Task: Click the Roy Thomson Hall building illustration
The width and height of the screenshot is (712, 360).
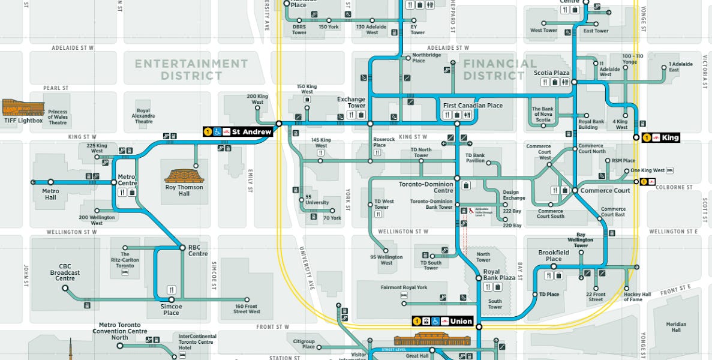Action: (184, 176)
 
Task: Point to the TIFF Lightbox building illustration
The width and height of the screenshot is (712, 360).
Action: (23, 107)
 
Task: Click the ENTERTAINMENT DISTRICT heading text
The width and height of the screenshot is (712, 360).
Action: (191, 70)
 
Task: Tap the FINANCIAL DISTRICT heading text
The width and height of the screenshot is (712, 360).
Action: (499, 70)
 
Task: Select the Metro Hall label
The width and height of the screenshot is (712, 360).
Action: (50, 194)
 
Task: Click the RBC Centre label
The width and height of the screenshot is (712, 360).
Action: (198, 250)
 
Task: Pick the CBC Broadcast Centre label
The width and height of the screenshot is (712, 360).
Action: (65, 272)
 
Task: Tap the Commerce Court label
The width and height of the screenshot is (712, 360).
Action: (605, 191)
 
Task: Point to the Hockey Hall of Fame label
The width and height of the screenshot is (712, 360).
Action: (636, 297)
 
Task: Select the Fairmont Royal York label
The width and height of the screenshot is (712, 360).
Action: (404, 287)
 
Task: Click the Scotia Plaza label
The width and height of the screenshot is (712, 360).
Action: (551, 73)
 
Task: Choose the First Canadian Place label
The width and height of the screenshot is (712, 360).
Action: (473, 106)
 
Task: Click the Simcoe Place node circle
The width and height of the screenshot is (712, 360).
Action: (172, 299)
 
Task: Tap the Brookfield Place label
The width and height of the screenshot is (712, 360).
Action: (553, 256)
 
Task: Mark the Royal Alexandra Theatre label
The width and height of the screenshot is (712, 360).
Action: (143, 116)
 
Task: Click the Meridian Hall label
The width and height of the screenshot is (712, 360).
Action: (676, 327)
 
